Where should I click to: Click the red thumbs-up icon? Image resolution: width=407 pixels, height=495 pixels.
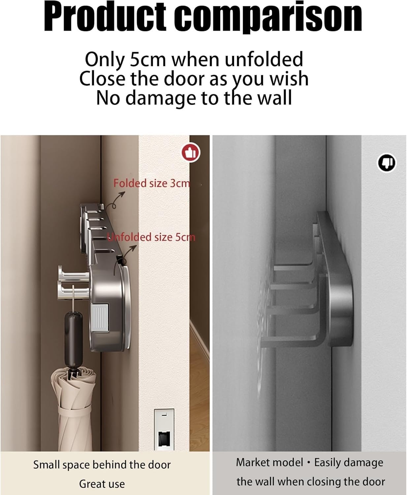[x=191, y=153]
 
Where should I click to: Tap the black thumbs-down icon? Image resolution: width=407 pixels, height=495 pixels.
[x=387, y=163]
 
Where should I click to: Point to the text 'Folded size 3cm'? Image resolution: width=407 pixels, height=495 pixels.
[x=152, y=183]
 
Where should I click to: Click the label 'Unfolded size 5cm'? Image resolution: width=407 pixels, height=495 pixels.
[x=151, y=237]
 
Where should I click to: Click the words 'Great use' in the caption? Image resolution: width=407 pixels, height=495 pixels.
[x=102, y=484]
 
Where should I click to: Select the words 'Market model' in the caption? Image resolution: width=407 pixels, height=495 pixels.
[x=269, y=462]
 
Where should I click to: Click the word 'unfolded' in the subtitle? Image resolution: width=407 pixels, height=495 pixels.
[x=264, y=59]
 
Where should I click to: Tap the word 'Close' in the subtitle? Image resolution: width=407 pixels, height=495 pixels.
[x=102, y=79]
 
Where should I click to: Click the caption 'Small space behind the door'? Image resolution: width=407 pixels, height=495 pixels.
[x=102, y=465]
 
